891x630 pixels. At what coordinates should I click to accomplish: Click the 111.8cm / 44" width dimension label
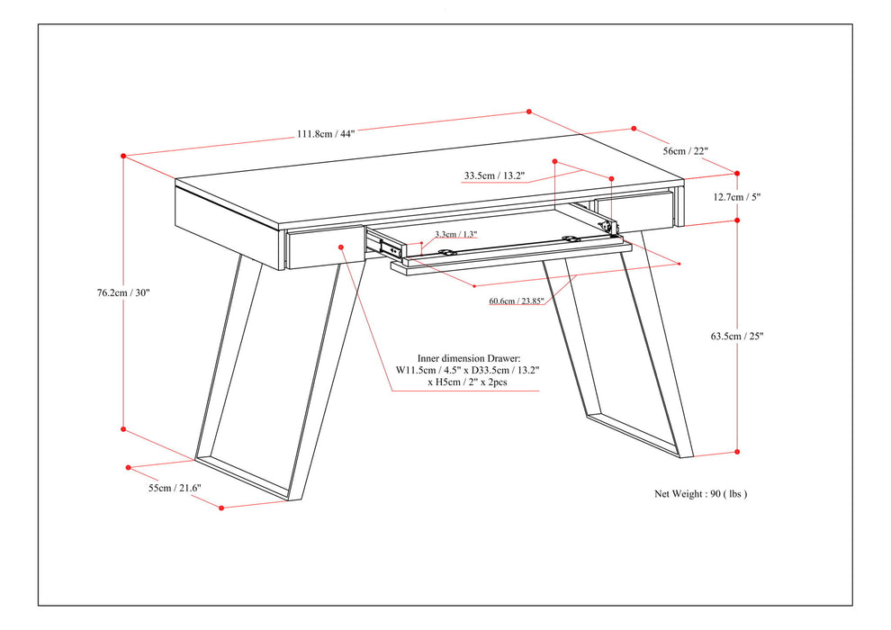coord(326,133)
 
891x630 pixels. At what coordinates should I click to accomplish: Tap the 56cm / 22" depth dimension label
coord(686,151)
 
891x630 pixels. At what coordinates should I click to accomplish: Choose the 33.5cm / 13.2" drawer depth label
coord(494,175)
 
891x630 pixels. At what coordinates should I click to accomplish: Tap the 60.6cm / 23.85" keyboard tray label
coord(516,301)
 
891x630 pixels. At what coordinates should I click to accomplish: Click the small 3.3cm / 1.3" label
coord(455,235)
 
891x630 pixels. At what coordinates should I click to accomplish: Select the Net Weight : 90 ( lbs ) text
coord(700,493)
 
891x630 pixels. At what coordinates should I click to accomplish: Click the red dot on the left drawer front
coord(341,247)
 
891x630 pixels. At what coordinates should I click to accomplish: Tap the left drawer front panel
coord(319,247)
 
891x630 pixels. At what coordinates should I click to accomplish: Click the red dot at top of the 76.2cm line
coord(123,156)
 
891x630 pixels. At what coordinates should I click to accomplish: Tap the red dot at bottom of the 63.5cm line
coord(737,452)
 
